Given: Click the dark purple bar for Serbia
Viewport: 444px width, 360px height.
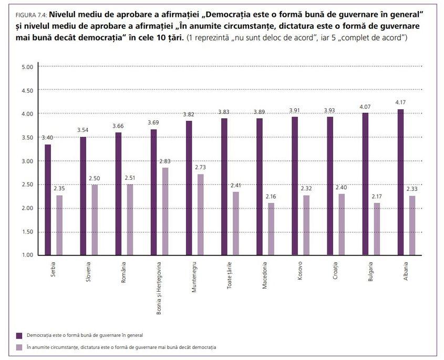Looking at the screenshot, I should pyautogui.click(x=48, y=200).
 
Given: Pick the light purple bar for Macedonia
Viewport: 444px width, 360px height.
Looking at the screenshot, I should pyautogui.click(x=271, y=229).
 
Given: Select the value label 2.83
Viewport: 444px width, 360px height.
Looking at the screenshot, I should pyautogui.click(x=166, y=162).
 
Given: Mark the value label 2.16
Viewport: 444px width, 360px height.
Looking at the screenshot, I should pyautogui.click(x=271, y=197).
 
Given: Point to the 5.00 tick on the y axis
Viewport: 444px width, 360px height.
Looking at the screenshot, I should pyautogui.click(x=27, y=67).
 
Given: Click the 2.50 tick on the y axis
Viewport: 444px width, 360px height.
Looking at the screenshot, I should pyautogui.click(x=27, y=184).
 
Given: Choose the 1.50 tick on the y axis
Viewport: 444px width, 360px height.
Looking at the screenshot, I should pyautogui.click(x=27, y=232).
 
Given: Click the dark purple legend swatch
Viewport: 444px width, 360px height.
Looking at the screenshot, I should pyautogui.click(x=19, y=335).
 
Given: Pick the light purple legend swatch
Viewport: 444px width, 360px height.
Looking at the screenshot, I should pyautogui.click(x=19, y=347).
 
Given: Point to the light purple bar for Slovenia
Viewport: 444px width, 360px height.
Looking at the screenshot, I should pyautogui.click(x=95, y=220).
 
